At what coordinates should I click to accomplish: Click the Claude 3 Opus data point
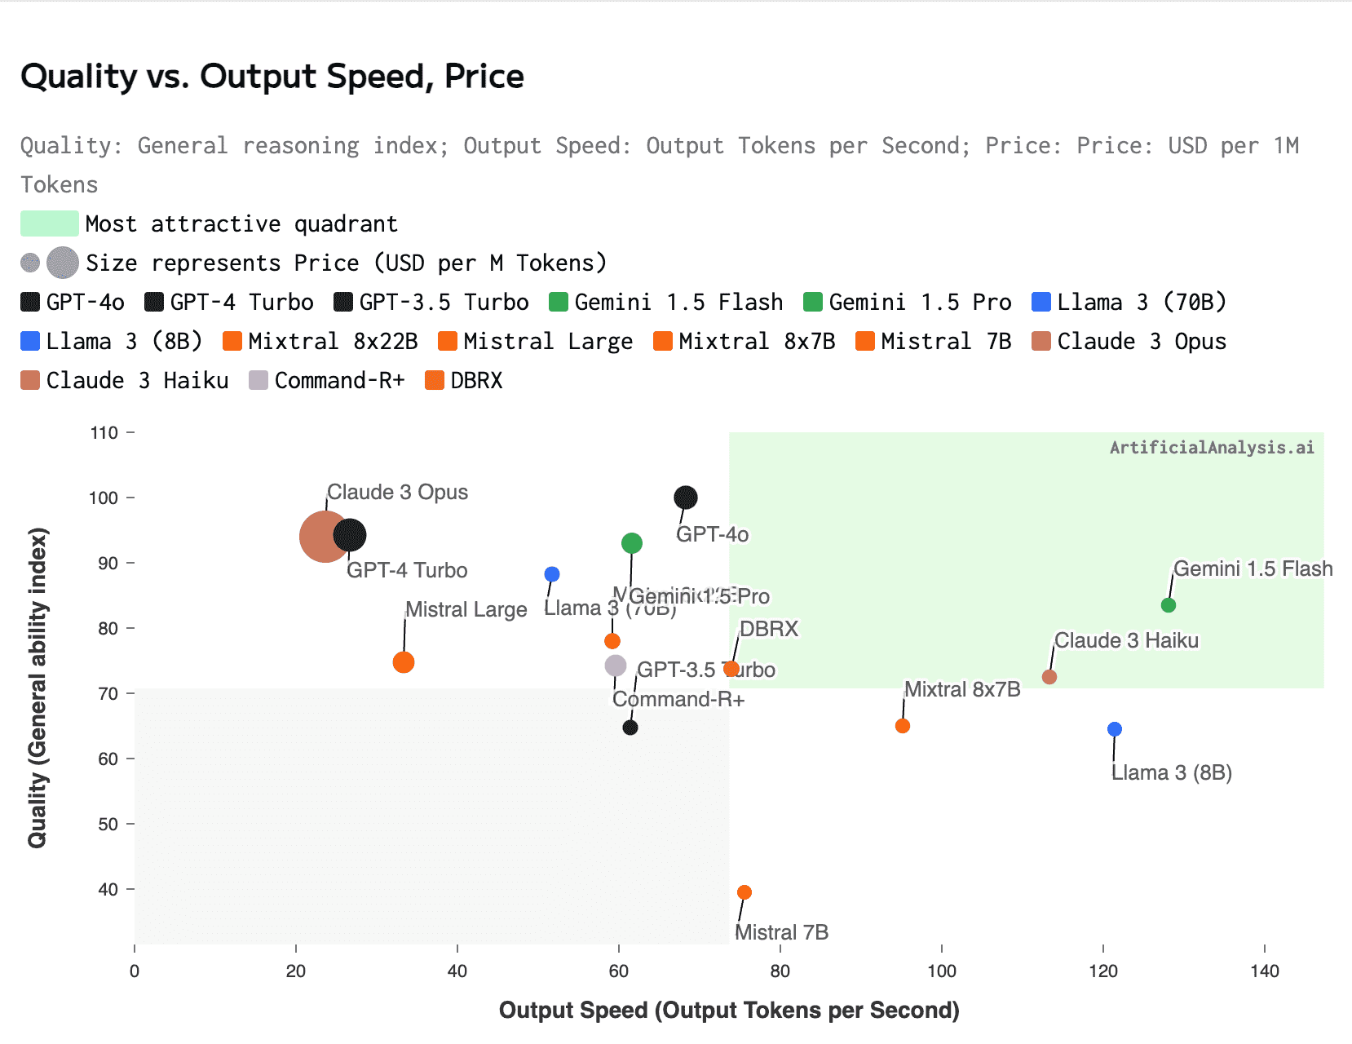click(323, 536)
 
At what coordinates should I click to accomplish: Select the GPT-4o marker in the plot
click(686, 498)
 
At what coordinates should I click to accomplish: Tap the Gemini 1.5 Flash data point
click(1169, 605)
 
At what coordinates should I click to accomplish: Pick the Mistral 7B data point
click(744, 892)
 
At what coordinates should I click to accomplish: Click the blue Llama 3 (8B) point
click(1115, 729)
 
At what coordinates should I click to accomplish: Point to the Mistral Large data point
click(404, 662)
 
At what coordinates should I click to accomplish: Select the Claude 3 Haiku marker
click(1049, 677)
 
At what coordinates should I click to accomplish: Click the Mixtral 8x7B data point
click(903, 726)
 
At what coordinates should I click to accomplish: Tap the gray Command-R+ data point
click(616, 666)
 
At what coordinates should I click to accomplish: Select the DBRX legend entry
click(465, 381)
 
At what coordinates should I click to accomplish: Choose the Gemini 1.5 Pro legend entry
click(908, 303)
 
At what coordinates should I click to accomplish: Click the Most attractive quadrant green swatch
click(50, 223)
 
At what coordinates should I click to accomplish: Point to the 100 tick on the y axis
click(104, 498)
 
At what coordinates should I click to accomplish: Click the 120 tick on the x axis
click(1103, 971)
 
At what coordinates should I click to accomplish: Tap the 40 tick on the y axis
click(108, 889)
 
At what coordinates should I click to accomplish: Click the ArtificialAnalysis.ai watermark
click(1212, 447)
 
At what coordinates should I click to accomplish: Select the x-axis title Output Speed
click(728, 1010)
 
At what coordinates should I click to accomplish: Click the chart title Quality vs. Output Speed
click(272, 77)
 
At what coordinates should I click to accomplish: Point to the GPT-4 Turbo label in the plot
click(407, 570)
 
